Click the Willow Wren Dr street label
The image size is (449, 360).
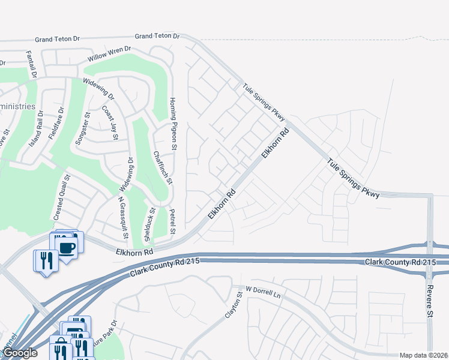109,54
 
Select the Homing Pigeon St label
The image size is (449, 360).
173,124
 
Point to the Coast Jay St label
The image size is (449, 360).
110,123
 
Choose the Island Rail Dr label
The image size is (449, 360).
36,133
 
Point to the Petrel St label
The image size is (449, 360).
172,221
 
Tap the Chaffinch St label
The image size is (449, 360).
162,167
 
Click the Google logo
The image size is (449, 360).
20,353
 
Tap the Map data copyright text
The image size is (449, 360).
423,355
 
